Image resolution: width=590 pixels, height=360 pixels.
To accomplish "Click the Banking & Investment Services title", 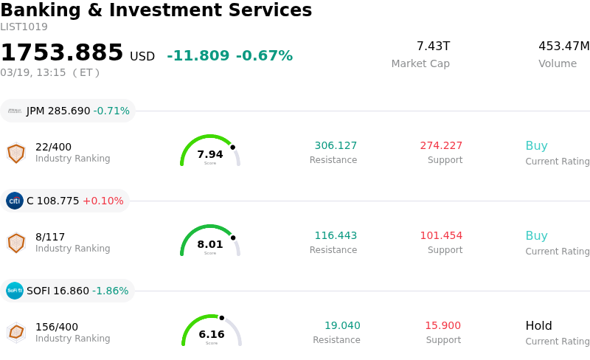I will tap(156, 11).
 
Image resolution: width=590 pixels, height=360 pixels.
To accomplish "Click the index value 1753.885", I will tap(62, 53).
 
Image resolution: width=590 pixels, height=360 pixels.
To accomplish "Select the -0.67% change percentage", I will tap(264, 56).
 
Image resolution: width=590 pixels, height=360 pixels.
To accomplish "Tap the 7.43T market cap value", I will tap(433, 46).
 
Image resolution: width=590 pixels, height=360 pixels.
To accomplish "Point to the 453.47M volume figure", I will tap(563, 46).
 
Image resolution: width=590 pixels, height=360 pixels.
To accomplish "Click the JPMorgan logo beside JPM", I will tap(15, 111).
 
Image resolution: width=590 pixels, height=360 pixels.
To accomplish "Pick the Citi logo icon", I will tap(15, 201).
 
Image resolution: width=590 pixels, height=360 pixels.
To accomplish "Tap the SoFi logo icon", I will tap(15, 291).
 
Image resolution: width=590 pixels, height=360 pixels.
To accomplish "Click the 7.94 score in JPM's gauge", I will tap(210, 154).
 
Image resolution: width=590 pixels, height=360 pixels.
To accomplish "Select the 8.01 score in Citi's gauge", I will tap(210, 244).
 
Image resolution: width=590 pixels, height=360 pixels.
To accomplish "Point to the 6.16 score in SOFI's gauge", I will tap(212, 334).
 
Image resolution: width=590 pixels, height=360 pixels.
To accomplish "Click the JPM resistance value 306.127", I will tap(336, 145).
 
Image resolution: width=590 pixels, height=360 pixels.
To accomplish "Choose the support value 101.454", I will tap(441, 235).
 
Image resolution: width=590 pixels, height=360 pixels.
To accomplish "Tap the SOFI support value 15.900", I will tap(442, 325).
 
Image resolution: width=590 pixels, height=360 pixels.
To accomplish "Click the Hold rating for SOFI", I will tap(538, 325).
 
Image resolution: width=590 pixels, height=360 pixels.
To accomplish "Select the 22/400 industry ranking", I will tap(54, 147).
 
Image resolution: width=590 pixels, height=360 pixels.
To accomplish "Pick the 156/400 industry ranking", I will tap(57, 327).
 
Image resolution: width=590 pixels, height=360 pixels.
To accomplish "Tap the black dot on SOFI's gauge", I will tap(234, 327).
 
